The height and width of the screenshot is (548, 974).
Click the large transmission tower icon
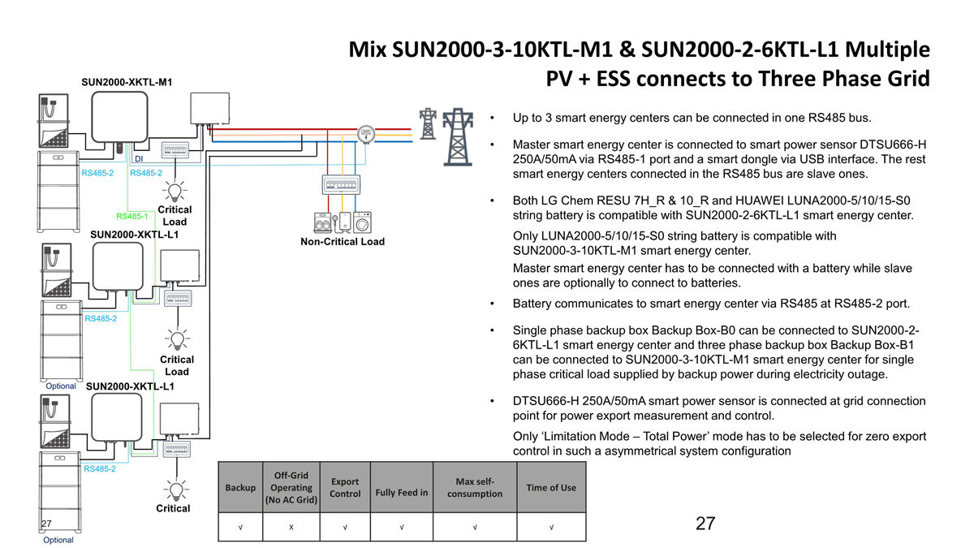point(458,137)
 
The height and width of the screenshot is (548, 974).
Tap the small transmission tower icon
point(428,124)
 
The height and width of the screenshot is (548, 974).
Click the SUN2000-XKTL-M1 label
point(127,82)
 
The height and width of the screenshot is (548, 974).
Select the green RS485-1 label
point(132,216)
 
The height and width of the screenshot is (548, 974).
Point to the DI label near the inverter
point(139,159)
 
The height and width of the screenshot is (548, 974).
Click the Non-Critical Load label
point(343,242)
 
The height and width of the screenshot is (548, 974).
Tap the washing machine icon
point(362,222)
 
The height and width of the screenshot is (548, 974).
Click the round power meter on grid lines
point(366,134)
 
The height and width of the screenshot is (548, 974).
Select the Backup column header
point(240,488)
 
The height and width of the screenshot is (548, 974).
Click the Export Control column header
point(345,488)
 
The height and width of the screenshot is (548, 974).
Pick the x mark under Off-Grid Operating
point(291,527)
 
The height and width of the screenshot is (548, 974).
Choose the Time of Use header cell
point(551,488)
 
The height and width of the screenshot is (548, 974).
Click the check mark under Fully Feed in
point(402,527)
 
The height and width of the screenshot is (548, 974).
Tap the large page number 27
point(705,524)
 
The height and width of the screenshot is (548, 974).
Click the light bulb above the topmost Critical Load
point(175,192)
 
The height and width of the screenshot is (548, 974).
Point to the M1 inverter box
point(119,117)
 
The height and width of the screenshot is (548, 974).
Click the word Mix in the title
point(368,50)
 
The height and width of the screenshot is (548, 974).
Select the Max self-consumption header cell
point(475,488)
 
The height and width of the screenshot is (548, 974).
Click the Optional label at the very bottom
point(58,540)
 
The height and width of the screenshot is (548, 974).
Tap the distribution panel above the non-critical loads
point(341,184)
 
